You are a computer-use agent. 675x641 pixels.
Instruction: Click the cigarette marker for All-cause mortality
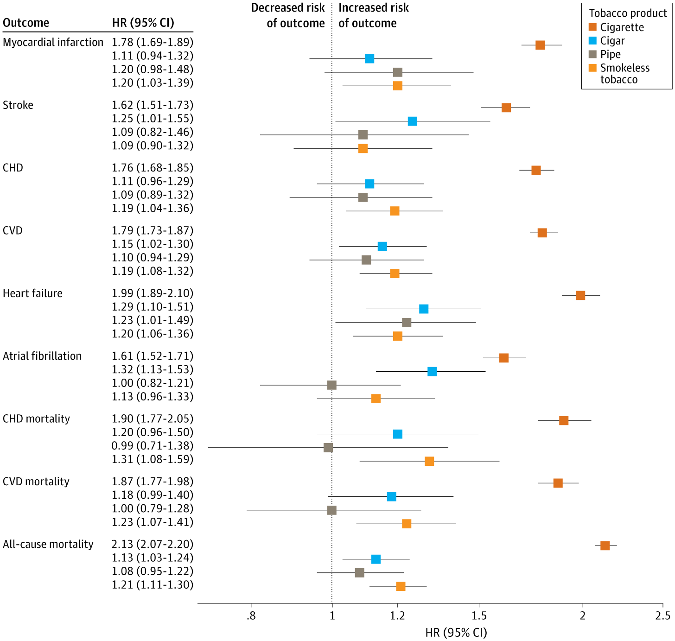pyautogui.click(x=605, y=546)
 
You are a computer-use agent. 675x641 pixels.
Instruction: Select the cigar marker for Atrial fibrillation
pyautogui.click(x=432, y=371)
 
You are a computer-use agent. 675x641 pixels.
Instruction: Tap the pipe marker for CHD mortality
pyautogui.click(x=328, y=448)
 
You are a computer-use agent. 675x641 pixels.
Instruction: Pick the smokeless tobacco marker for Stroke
pyautogui.click(x=363, y=148)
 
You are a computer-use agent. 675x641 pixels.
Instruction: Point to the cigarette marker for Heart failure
pyautogui.click(x=580, y=295)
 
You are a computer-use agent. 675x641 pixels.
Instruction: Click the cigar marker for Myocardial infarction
pyautogui.click(x=369, y=58)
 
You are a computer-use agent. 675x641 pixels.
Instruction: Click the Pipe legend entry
pyautogui.click(x=610, y=54)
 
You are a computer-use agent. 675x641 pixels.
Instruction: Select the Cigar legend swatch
pyautogui.click(x=592, y=41)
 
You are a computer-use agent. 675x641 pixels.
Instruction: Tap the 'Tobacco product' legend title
pyautogui.click(x=628, y=13)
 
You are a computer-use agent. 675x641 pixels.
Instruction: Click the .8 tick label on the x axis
pyautogui.click(x=251, y=616)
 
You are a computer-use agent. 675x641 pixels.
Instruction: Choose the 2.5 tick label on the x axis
pyautogui.click(x=663, y=616)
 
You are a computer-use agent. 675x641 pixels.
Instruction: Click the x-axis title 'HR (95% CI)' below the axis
pyautogui.click(x=456, y=633)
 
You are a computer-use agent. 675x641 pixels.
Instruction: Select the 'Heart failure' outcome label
pyautogui.click(x=32, y=293)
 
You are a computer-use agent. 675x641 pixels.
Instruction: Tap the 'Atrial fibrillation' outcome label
pyautogui.click(x=42, y=356)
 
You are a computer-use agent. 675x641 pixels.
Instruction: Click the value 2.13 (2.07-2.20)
pyautogui.click(x=153, y=544)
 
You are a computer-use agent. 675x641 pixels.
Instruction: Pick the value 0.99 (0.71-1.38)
pyautogui.click(x=153, y=446)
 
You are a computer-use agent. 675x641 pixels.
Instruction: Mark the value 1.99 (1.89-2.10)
pyautogui.click(x=153, y=293)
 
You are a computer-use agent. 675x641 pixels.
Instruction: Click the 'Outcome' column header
pyautogui.click(x=26, y=23)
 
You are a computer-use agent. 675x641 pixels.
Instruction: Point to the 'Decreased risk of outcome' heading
pyautogui.click(x=288, y=16)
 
